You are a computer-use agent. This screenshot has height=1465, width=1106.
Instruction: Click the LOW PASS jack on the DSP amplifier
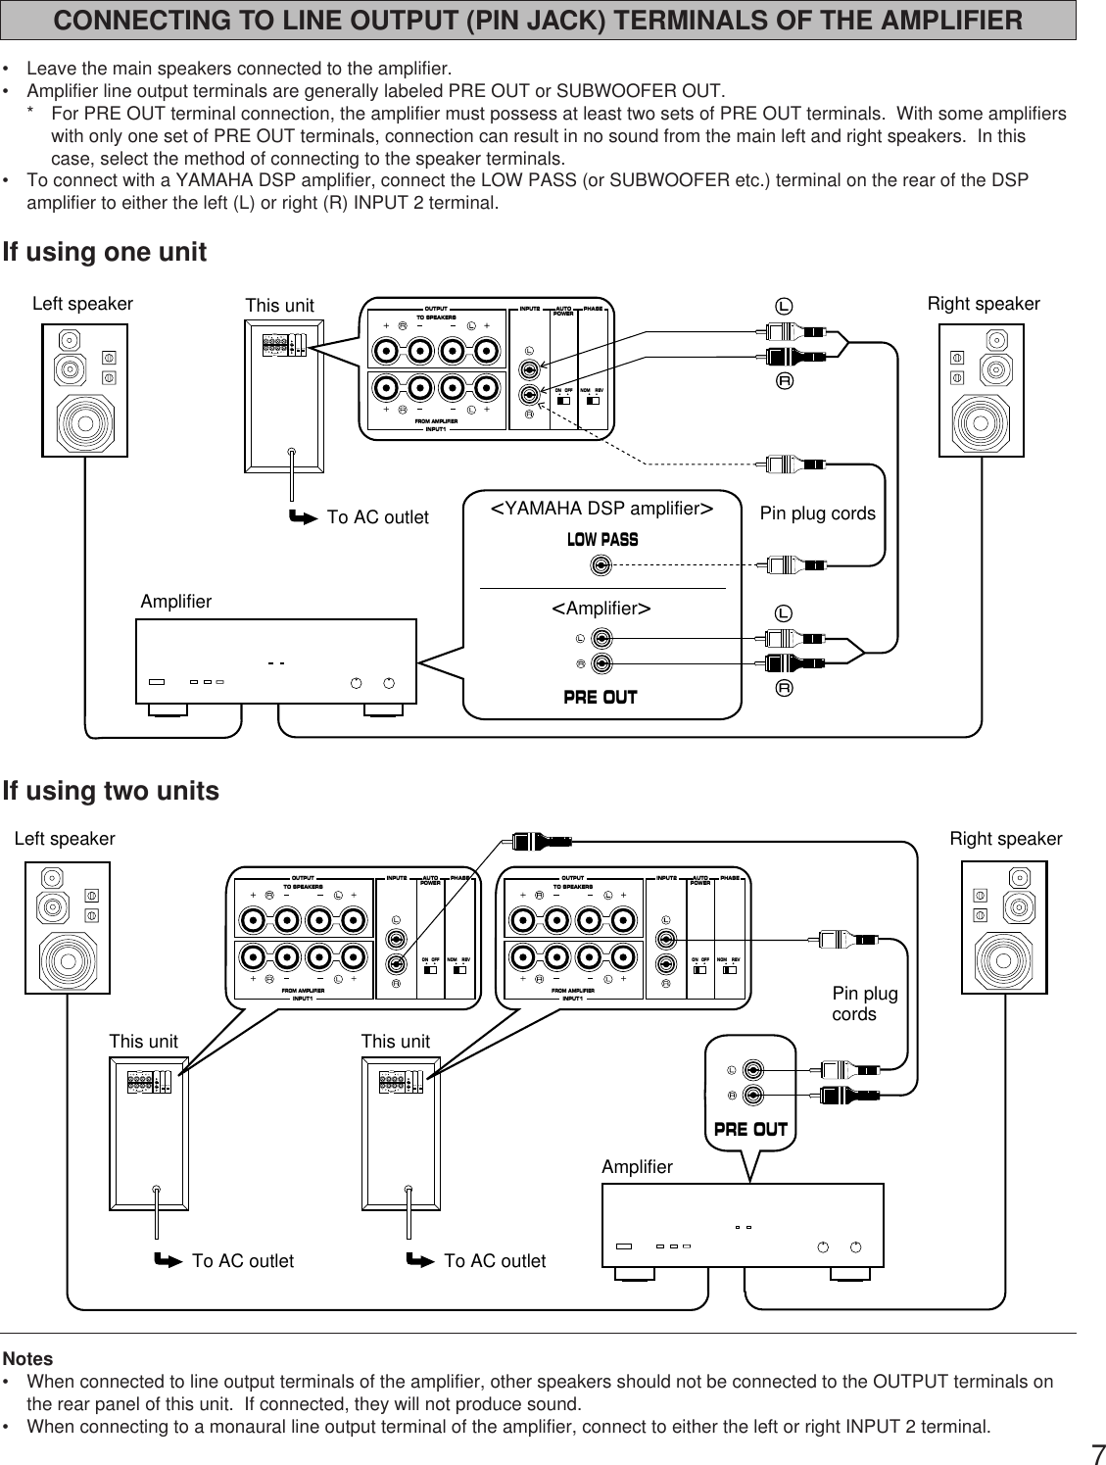[601, 565]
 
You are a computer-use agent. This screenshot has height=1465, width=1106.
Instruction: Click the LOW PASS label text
[602, 540]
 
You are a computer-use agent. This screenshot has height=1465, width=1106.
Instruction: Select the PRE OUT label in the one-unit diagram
[601, 697]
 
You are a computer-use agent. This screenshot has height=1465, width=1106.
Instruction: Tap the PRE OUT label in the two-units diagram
[750, 1129]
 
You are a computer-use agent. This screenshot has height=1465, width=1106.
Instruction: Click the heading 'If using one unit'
[105, 252]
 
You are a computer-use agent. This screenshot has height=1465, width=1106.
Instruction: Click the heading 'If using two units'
[111, 791]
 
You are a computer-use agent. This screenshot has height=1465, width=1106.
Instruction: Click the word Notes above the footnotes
[28, 1359]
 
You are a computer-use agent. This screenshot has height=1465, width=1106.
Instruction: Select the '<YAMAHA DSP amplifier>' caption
[601, 508]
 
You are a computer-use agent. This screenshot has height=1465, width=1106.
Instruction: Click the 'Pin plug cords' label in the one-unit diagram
[817, 513]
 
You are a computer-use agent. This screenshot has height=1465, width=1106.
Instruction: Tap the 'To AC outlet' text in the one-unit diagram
[377, 517]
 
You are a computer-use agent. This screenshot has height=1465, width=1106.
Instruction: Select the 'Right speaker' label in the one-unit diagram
[984, 304]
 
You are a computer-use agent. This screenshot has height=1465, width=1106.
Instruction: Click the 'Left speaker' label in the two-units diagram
[65, 839]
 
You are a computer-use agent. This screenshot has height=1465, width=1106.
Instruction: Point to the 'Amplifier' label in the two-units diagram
[638, 1166]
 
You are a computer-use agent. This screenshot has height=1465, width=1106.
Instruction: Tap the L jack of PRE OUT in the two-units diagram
[753, 1069]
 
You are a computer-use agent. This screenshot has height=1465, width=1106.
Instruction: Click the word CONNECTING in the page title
[144, 20]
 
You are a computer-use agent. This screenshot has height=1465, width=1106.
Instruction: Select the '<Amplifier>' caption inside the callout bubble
[601, 609]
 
